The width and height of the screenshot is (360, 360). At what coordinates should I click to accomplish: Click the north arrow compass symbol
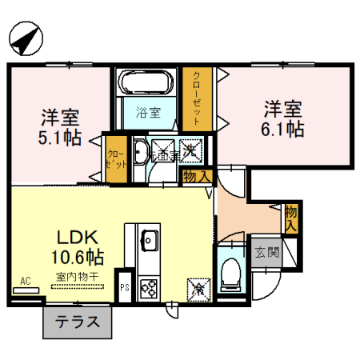[28, 38]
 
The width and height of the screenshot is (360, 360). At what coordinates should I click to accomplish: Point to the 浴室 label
[146, 113]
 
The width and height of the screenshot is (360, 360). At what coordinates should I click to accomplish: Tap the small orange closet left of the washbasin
[116, 158]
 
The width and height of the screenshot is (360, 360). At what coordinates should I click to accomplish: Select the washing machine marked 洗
[191, 149]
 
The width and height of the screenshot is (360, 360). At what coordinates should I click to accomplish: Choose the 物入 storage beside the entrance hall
[291, 218]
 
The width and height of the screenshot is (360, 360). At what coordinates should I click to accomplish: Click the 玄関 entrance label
[267, 254]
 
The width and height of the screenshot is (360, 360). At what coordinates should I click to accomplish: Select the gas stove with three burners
[149, 286]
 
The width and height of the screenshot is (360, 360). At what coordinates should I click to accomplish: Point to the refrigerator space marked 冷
[197, 286]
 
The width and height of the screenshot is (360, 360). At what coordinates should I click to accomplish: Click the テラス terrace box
[77, 323]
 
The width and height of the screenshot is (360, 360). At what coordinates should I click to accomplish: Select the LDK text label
[77, 238]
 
